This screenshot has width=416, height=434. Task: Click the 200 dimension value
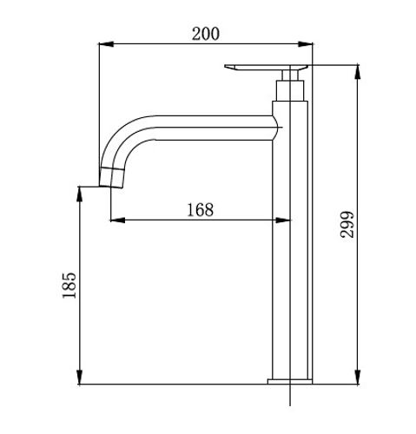coord(206,34)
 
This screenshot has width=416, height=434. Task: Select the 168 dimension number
coord(201,210)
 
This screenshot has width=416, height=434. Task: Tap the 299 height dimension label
coord(347,225)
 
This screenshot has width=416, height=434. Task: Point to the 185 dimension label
coord(69,286)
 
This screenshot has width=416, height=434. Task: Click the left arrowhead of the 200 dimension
coord(106,44)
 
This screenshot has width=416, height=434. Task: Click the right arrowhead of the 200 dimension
coord(306,44)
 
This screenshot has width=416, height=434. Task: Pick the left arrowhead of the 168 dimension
coord(117,220)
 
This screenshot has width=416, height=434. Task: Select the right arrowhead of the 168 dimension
coord(283,220)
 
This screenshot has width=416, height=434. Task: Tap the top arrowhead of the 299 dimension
coord(358,72)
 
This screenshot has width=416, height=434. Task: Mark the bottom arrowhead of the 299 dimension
coord(358,377)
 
